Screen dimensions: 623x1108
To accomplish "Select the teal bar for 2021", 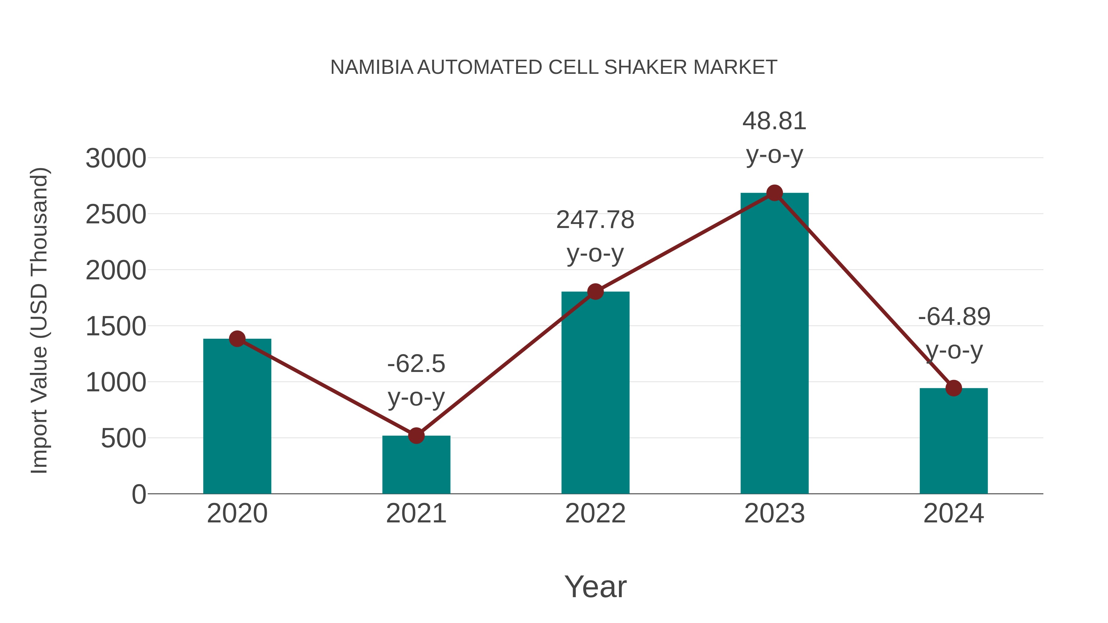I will (x=416, y=466).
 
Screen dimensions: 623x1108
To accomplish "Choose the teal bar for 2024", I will (x=953, y=443).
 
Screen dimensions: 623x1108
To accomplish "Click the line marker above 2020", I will (x=237, y=339).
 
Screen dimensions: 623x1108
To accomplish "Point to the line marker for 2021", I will (x=416, y=436).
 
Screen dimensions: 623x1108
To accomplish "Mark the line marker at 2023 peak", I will (x=774, y=193).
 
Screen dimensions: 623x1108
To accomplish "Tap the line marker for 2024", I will (x=953, y=388).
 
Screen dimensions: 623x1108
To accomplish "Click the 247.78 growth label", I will (x=595, y=220).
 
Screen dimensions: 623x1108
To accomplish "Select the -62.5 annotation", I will (x=416, y=364).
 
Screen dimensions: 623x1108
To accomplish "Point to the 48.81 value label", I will (x=774, y=121).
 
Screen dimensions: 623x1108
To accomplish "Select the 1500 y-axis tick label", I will (x=116, y=326).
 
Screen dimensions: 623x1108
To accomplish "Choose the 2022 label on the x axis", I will (x=595, y=513).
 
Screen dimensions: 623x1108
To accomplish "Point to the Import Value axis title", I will (x=40, y=320).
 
